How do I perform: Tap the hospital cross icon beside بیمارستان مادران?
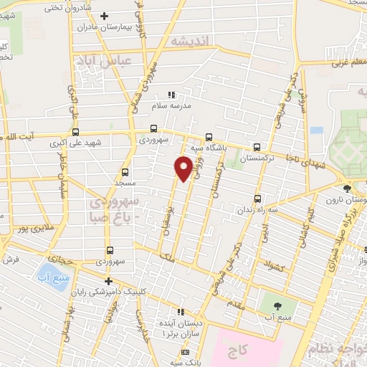click(104, 16)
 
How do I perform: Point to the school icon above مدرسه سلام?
click(171, 95)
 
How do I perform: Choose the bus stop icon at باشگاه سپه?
click(209, 137)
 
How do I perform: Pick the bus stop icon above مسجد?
click(125, 172)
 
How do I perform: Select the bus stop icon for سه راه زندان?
click(257, 199)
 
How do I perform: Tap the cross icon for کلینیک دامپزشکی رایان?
click(108, 281)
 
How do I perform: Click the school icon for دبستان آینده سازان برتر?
click(181, 312)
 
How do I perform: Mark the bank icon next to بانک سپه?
click(186, 352)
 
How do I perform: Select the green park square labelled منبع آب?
click(270, 302)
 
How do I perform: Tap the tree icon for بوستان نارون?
click(348, 189)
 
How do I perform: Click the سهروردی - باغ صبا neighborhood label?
click(119, 209)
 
